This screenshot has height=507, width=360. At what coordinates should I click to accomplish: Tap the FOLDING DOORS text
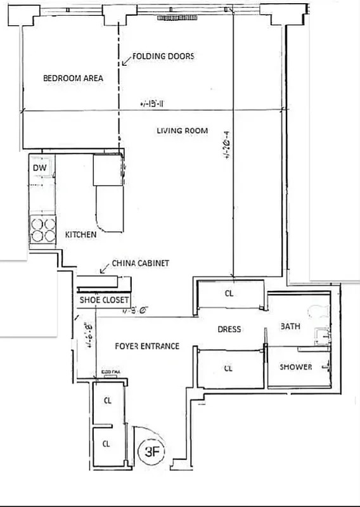click(163, 56)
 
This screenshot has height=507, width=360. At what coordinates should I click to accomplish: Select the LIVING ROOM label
click(183, 131)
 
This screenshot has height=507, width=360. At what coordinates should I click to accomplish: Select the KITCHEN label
click(81, 234)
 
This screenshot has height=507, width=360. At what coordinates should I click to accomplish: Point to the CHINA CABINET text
click(140, 263)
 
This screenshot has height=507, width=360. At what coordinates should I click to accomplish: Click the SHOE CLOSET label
click(104, 300)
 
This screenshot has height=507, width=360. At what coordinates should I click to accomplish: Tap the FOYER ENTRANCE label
click(146, 346)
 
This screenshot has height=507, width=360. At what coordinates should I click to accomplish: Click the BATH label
click(290, 326)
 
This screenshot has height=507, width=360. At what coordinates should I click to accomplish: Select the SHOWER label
click(295, 367)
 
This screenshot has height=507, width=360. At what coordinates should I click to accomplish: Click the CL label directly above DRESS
click(229, 293)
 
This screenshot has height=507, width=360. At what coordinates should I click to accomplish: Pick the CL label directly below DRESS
click(229, 367)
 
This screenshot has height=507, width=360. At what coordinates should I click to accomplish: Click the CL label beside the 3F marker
click(106, 444)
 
